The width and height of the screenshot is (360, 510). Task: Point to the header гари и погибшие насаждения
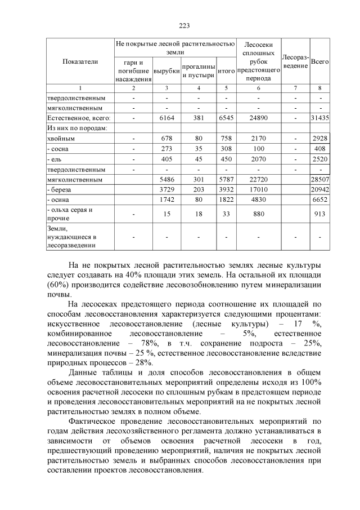point(133,70)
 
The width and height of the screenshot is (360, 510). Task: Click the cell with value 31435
point(319,118)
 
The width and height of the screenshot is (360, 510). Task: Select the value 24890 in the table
point(258,118)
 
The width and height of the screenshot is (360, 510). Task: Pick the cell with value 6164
point(166,118)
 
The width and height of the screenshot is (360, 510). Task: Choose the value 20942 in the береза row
point(319,189)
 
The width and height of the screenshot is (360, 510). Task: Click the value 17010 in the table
point(258,189)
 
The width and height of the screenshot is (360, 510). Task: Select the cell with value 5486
point(166,179)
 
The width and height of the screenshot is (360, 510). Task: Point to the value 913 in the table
point(319,214)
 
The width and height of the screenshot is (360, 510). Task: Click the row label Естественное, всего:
point(78,118)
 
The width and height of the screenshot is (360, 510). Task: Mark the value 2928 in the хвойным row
point(319,138)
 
